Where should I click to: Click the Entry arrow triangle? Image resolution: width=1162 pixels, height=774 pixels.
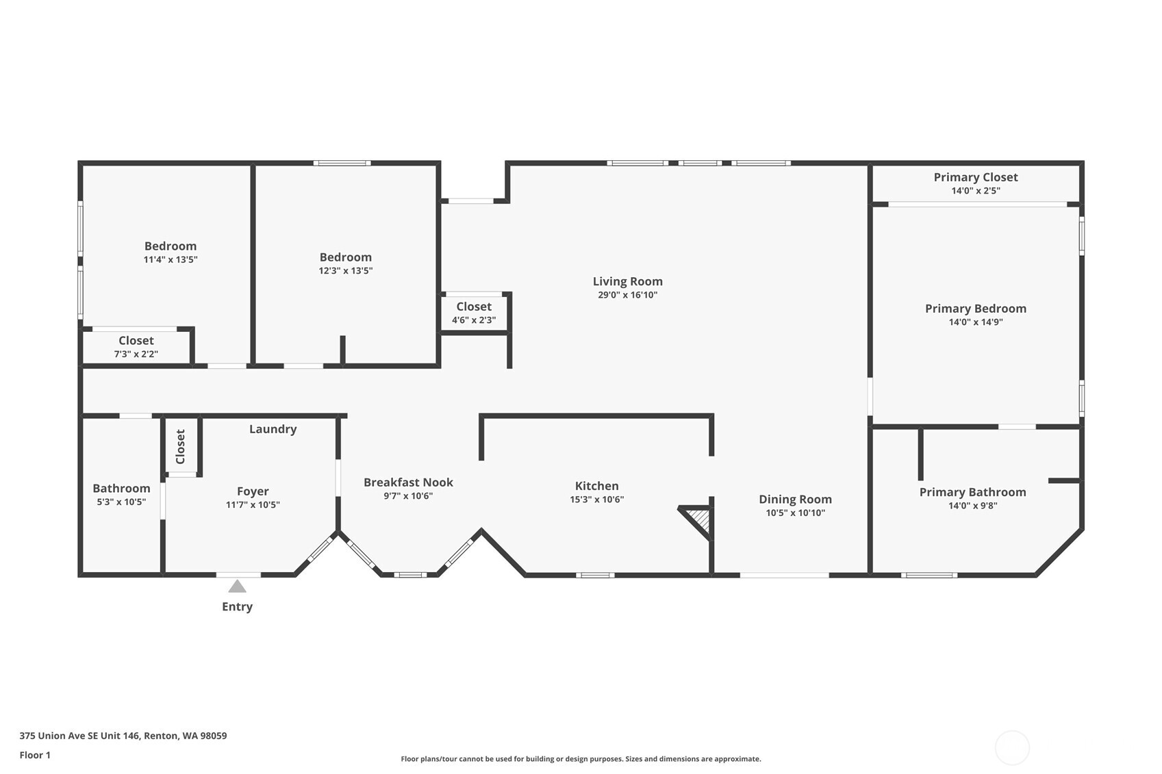pyautogui.click(x=237, y=586)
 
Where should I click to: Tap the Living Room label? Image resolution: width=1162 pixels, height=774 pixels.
pyautogui.click(x=627, y=281)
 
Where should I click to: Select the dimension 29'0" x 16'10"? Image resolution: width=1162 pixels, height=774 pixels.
pyautogui.click(x=627, y=295)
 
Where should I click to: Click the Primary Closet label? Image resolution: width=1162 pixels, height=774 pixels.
pyautogui.click(x=975, y=177)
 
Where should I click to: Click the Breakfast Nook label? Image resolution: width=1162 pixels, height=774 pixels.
pyautogui.click(x=408, y=482)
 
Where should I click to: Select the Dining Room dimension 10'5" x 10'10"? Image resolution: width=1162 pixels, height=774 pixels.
pyautogui.click(x=795, y=513)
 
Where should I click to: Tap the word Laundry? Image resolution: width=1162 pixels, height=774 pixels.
pyautogui.click(x=273, y=429)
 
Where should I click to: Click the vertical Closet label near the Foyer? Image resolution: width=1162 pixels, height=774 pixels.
pyautogui.click(x=181, y=446)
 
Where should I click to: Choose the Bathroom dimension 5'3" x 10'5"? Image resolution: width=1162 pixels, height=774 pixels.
pyautogui.click(x=121, y=502)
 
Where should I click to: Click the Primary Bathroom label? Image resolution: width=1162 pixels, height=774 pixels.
pyautogui.click(x=972, y=492)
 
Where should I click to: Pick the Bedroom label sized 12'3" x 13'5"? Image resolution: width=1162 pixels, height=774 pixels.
pyautogui.click(x=345, y=257)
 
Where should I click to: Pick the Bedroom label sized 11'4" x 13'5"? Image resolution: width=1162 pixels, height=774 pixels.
pyautogui.click(x=170, y=246)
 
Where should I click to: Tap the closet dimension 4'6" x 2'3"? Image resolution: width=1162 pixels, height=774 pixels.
pyautogui.click(x=473, y=320)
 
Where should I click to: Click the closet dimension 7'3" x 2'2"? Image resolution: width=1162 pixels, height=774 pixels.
pyautogui.click(x=136, y=354)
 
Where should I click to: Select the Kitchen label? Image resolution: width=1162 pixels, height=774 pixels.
pyautogui.click(x=596, y=486)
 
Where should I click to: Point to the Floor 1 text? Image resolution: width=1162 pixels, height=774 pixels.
pyautogui.click(x=35, y=755)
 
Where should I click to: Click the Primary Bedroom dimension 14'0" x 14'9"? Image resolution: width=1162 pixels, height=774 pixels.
pyautogui.click(x=975, y=322)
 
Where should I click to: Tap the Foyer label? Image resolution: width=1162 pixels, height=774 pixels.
pyautogui.click(x=253, y=491)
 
